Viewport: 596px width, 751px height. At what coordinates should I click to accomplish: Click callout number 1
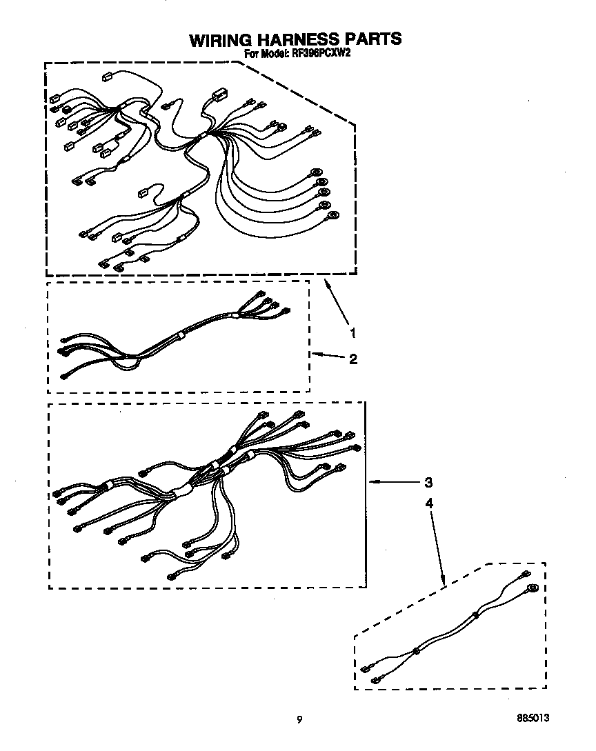353,333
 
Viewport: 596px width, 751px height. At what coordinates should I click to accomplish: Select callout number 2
353,359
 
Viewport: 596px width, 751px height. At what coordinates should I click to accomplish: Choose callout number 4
428,503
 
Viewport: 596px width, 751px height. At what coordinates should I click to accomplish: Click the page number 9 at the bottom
299,720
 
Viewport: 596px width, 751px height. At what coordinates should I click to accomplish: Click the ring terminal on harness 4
532,588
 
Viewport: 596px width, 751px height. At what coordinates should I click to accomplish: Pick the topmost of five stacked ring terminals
316,172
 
